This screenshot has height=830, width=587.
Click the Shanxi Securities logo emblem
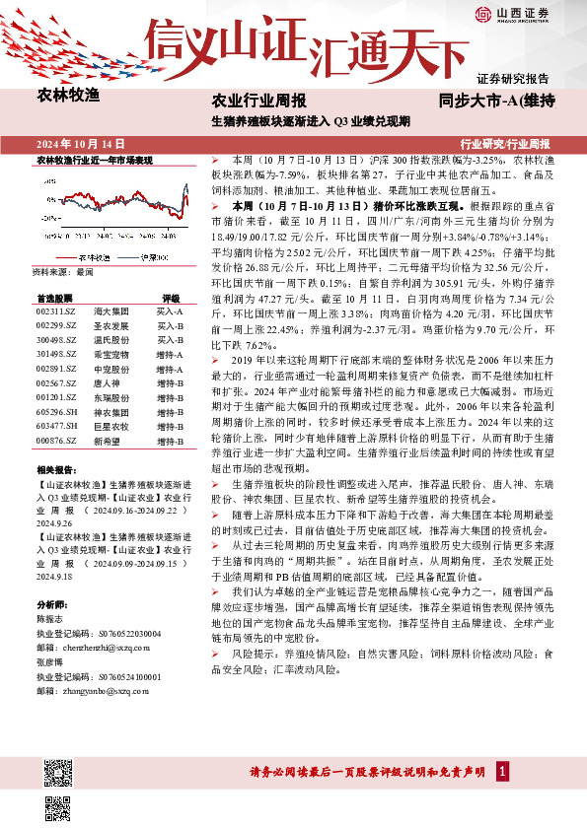point(481,13)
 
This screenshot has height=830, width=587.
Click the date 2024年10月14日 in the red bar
point(73,143)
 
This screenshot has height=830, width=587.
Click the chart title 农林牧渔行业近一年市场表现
point(95,159)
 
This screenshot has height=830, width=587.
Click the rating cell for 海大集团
point(170,311)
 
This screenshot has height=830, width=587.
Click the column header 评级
point(170,297)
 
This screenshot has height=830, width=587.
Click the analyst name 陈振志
point(49,618)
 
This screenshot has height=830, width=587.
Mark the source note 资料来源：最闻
point(63,269)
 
